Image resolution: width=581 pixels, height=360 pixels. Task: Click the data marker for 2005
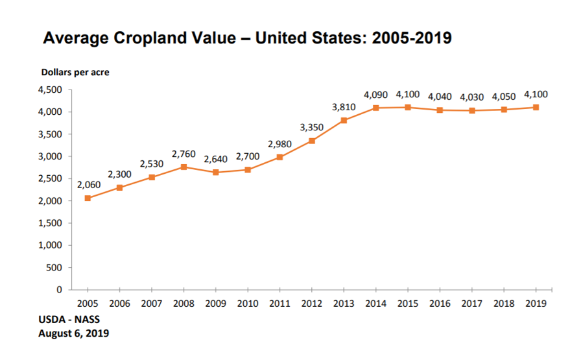point(88,198)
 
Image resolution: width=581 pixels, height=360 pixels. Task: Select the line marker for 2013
point(344,121)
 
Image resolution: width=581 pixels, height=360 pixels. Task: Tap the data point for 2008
point(184,167)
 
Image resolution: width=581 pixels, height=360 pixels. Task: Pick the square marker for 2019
point(536,108)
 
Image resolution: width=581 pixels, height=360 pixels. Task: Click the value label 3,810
point(344,107)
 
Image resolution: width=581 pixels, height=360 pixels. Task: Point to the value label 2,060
point(89,185)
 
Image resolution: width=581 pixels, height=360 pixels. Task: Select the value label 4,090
point(376,95)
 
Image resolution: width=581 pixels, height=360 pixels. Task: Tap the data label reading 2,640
point(215,159)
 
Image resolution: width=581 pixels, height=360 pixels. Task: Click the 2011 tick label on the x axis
point(279,303)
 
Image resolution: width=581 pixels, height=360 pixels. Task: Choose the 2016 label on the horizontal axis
point(440,303)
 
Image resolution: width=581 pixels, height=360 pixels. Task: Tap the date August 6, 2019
point(73,334)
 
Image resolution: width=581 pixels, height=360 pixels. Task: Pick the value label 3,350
point(312,127)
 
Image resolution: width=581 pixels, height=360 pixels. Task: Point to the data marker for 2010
point(248,169)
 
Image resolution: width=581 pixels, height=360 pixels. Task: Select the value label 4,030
point(472,97)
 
